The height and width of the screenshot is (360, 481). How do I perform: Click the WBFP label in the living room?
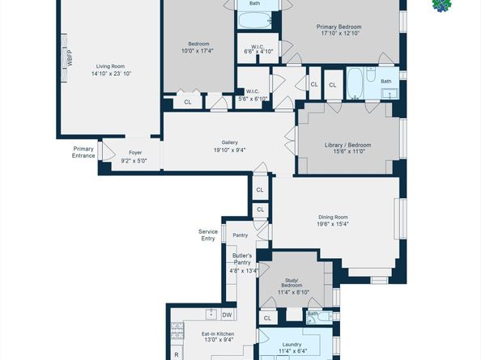click(x=69, y=58)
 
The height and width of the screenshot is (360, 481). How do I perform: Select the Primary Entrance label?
click(x=83, y=152)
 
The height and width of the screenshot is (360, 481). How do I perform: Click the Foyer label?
click(x=134, y=152)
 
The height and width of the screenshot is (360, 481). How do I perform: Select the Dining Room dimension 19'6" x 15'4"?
click(x=333, y=224)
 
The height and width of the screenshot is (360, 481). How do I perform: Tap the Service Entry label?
click(x=208, y=235)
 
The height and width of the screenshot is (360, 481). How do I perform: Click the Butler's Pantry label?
click(x=242, y=258)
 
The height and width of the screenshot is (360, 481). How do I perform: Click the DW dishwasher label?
click(x=228, y=315)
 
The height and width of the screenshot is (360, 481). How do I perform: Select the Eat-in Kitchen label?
click(x=218, y=333)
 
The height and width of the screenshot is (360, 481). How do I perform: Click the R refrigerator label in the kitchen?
click(x=177, y=354)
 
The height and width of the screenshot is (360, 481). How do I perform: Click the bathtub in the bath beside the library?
click(x=355, y=83)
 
